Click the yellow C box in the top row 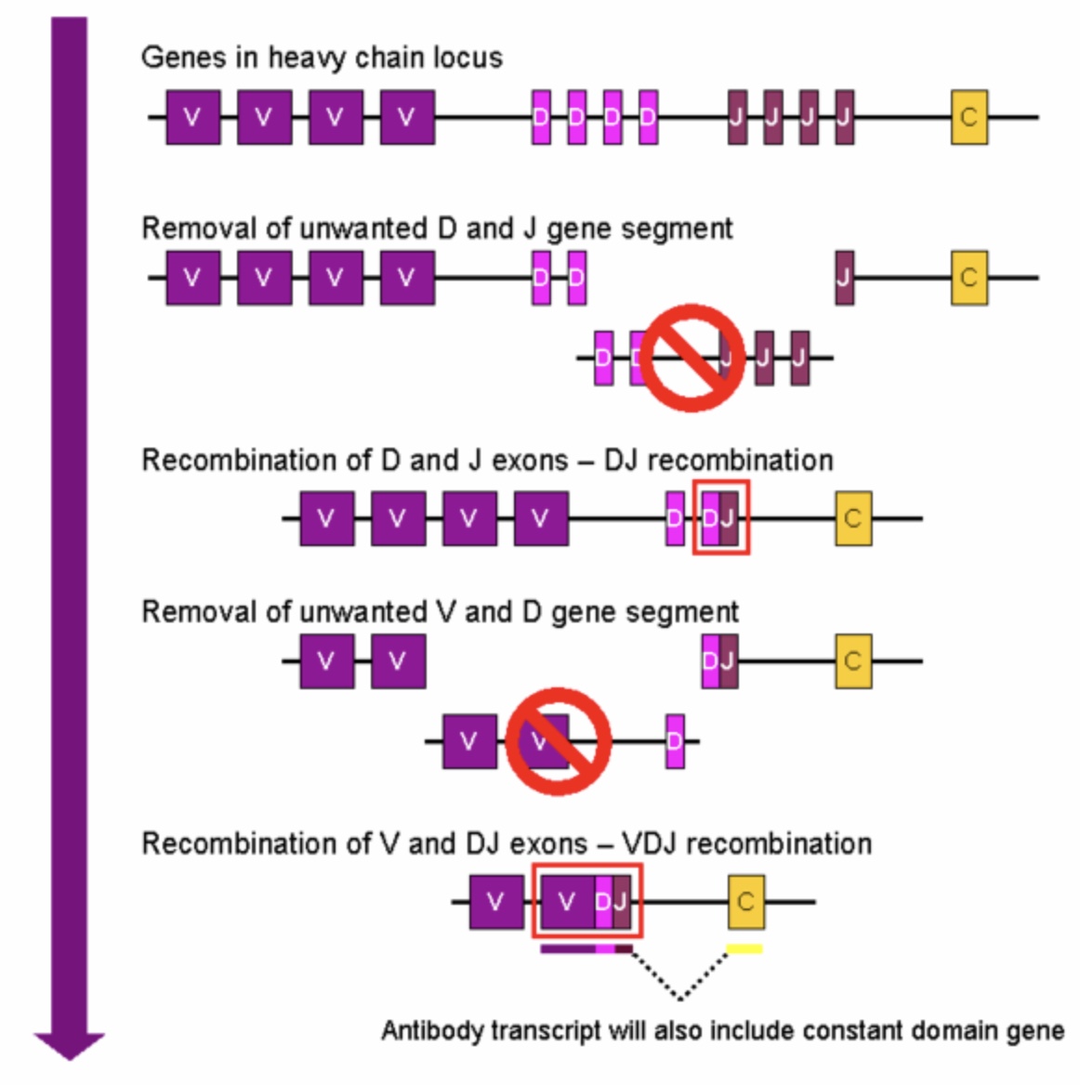click(x=968, y=117)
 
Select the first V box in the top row click(x=193, y=117)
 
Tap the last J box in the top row click(x=844, y=117)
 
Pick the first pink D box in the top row click(x=541, y=117)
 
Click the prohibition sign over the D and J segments click(x=691, y=357)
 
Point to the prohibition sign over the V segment click(x=558, y=741)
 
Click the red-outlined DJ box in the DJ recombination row click(x=720, y=517)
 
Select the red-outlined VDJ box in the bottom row click(x=586, y=901)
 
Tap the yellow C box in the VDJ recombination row click(x=745, y=901)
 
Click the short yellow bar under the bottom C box click(x=744, y=948)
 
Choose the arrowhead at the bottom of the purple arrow click(x=70, y=1044)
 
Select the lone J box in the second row click(x=844, y=277)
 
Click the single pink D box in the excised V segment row click(x=676, y=741)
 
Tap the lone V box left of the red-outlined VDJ click(x=495, y=901)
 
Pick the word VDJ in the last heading click(x=651, y=843)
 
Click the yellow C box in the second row click(x=968, y=277)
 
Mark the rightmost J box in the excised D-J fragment click(x=799, y=357)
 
